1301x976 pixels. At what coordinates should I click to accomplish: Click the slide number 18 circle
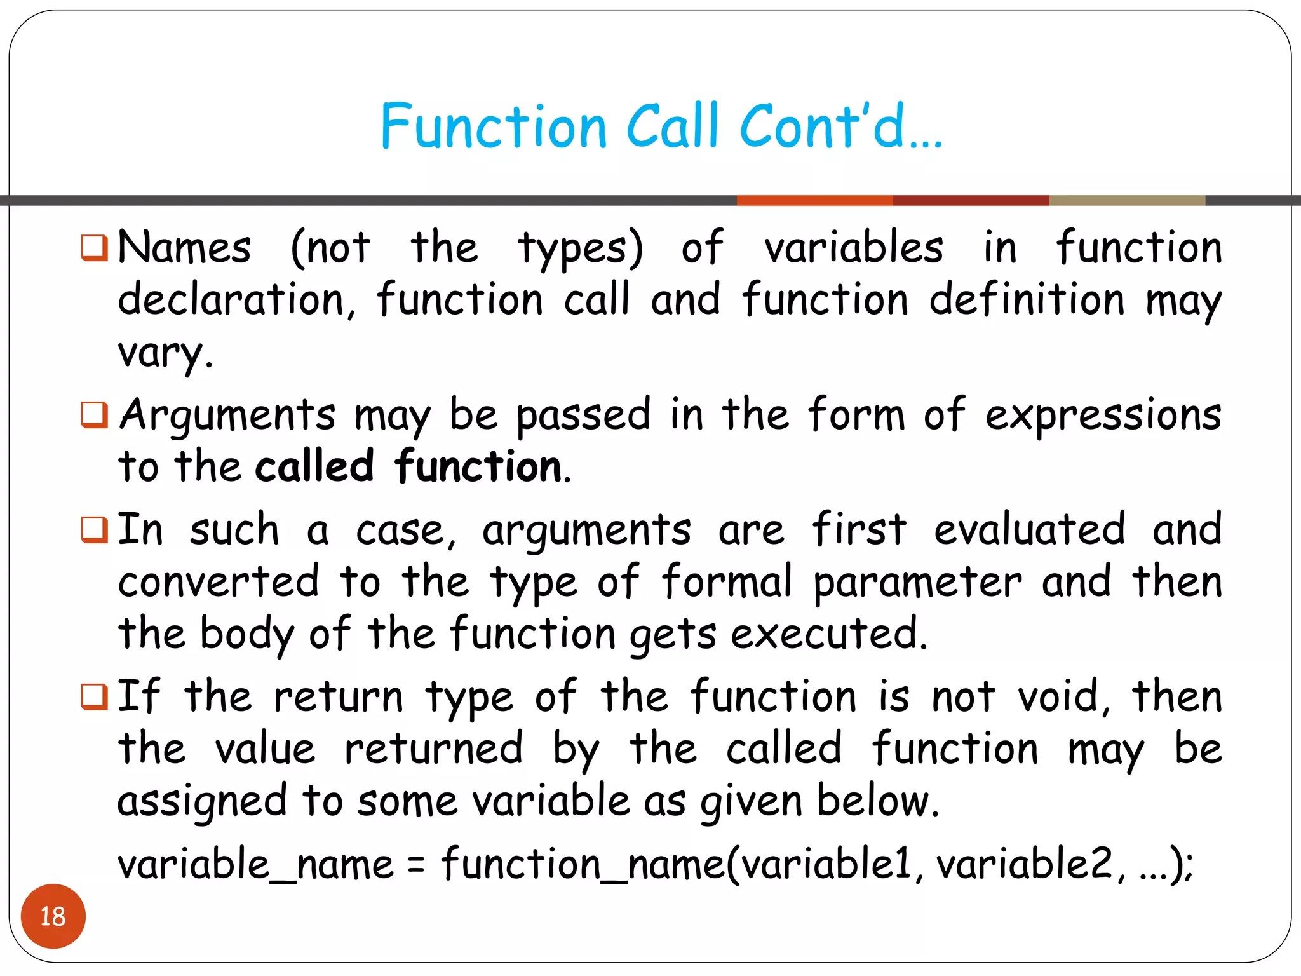click(53, 916)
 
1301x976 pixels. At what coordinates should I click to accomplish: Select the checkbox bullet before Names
click(94, 248)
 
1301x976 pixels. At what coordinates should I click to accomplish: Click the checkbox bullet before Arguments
click(94, 416)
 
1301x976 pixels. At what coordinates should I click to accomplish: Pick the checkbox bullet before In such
click(94, 530)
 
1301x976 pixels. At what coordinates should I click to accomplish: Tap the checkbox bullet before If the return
click(94, 696)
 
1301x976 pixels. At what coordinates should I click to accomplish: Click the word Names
click(185, 248)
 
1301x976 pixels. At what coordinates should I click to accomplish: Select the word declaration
click(232, 300)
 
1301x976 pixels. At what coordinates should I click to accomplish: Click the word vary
click(164, 353)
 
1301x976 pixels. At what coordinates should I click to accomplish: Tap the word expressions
click(1103, 416)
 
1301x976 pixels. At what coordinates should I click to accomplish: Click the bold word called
click(314, 466)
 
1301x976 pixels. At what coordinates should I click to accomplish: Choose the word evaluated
click(1029, 530)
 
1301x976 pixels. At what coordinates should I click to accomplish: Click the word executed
click(829, 634)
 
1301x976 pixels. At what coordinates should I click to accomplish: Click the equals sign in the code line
click(416, 865)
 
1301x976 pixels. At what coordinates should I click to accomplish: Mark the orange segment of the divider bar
click(814, 201)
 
